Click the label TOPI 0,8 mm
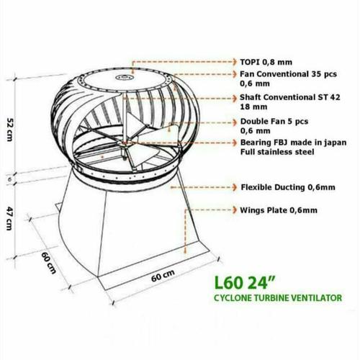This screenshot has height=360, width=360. point(266,63)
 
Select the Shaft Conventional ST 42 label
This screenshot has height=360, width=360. point(289,97)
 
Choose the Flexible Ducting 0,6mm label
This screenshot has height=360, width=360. point(287,186)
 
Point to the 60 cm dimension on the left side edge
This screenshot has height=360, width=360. point(48,264)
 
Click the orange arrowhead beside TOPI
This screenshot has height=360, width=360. point(235,63)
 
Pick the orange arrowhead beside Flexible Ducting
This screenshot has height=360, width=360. point(235,186)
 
